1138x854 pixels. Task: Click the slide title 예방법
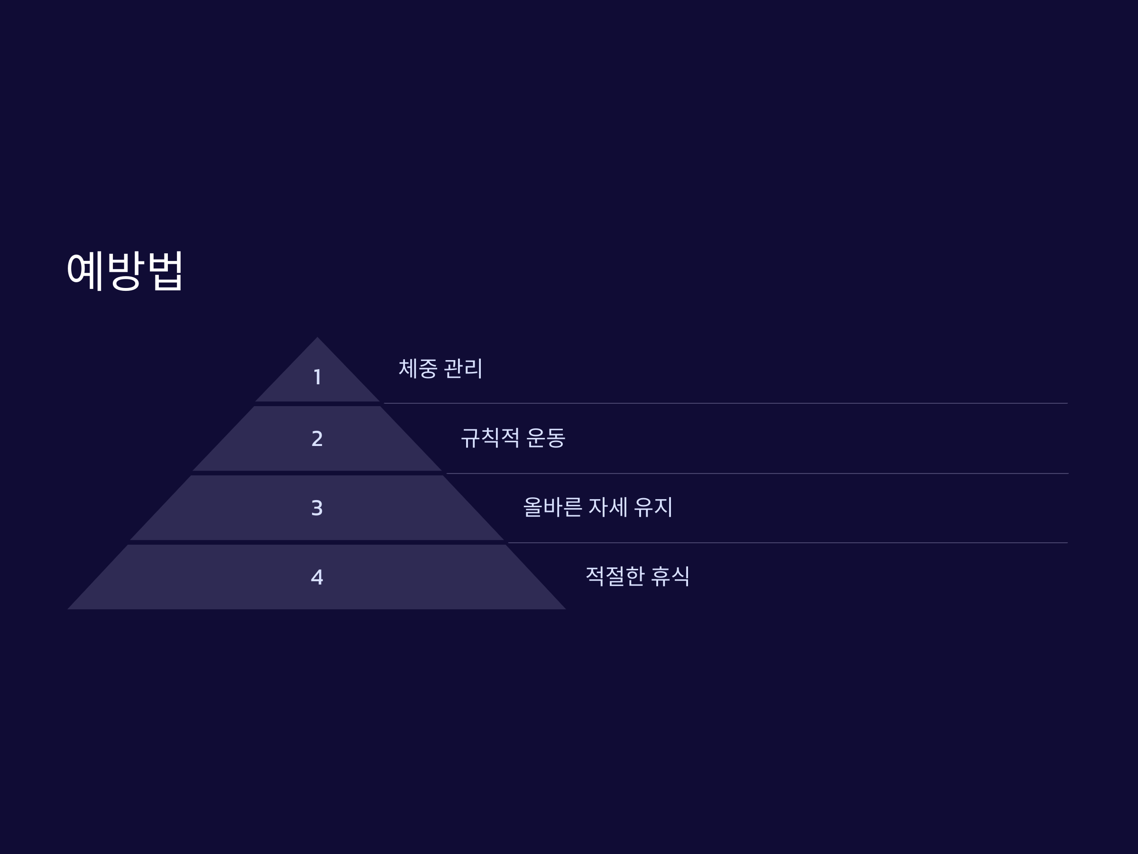(125, 271)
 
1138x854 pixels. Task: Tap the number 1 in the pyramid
(317, 377)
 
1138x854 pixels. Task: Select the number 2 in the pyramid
(317, 438)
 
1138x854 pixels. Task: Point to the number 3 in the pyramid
(317, 508)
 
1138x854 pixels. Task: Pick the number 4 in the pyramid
(317, 577)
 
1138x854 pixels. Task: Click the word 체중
(418, 369)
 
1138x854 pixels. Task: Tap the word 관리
(463, 369)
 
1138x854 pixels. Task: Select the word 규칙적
(490, 438)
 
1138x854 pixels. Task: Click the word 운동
(546, 438)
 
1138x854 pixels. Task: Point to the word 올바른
(552, 507)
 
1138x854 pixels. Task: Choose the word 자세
(607, 507)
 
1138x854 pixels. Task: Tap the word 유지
(653, 507)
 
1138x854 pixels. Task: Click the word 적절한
(615, 576)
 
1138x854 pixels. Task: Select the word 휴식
(670, 576)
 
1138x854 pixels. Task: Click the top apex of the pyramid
(317, 339)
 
